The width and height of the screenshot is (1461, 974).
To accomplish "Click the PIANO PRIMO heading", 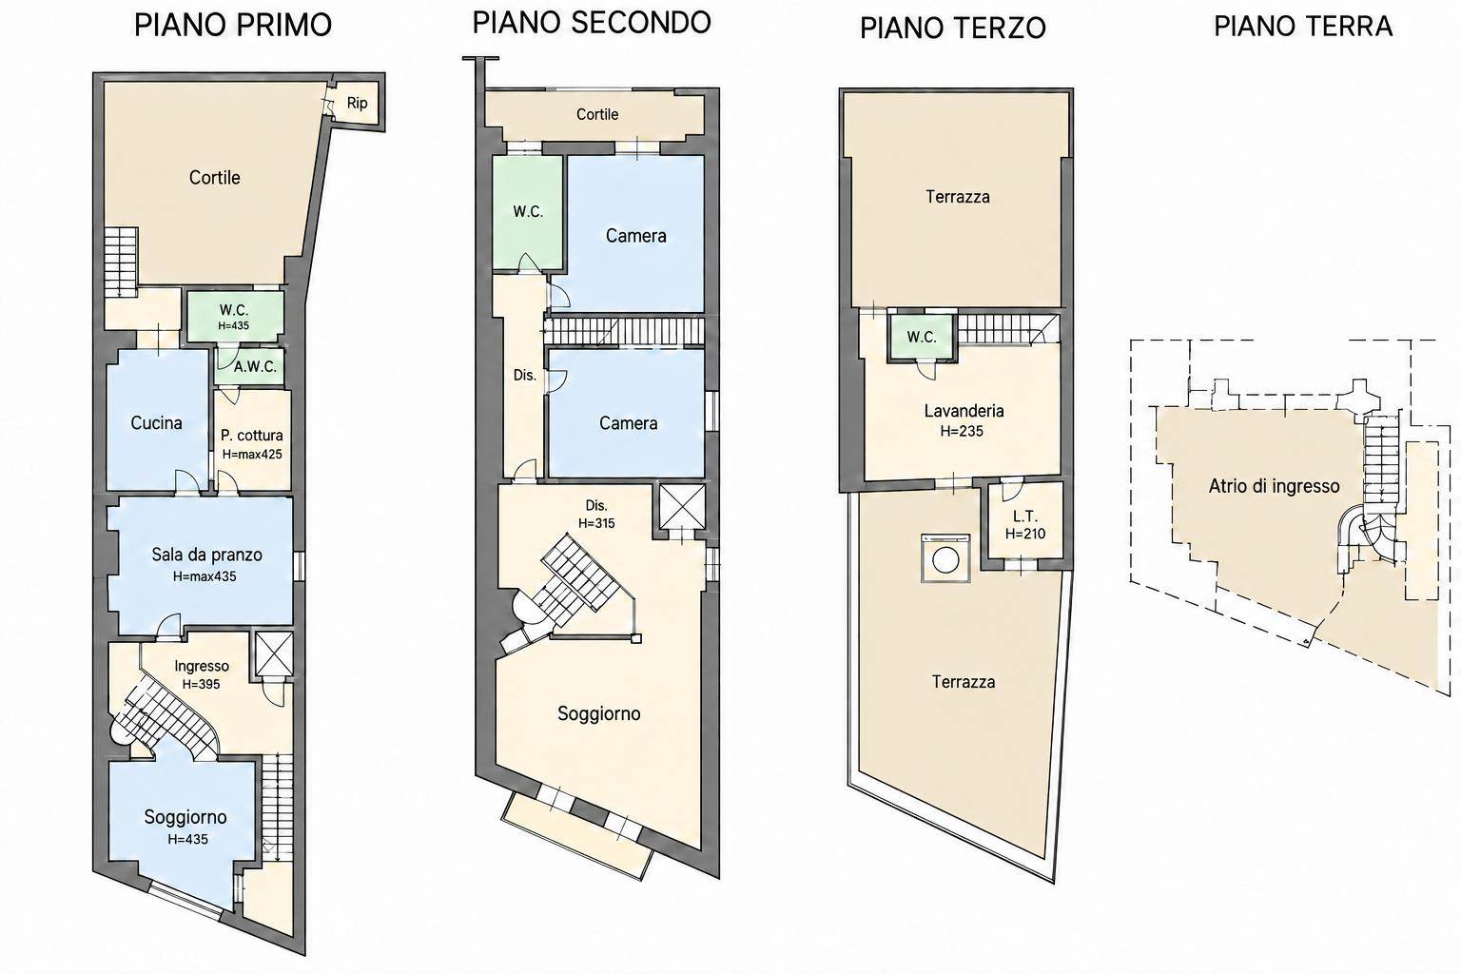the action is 233,25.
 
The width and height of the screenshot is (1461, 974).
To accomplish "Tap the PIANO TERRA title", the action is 1303,26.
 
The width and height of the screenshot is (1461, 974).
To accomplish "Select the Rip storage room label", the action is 357,103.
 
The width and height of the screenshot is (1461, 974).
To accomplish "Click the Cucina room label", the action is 157,422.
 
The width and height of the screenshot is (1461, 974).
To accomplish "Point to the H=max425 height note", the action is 252,454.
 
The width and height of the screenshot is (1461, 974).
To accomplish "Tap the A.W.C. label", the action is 256,366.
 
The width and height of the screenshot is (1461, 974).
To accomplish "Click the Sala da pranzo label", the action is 206,555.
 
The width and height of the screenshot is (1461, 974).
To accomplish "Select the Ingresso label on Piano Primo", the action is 202,666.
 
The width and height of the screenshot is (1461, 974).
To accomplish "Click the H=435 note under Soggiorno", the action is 187,840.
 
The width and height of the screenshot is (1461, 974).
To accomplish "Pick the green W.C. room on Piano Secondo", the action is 528,212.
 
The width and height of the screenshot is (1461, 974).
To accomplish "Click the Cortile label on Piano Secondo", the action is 597,114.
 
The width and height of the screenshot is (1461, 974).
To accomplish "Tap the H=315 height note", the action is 596,523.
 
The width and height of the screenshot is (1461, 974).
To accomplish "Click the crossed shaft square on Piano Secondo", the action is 682,506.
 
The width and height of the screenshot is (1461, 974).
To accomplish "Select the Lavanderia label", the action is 964,411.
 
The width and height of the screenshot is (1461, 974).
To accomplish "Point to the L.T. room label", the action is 1025,516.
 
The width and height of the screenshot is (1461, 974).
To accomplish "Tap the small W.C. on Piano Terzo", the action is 922,338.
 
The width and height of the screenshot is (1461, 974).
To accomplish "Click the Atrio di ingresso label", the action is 1275,486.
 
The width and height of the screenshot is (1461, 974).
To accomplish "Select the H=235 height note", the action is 962,431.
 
